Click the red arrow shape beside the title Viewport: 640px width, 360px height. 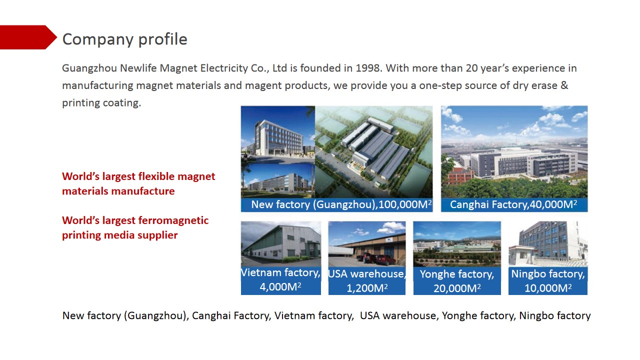27,37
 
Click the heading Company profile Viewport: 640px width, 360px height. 124,39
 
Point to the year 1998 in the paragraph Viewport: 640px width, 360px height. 367,68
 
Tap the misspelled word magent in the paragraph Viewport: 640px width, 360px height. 263,85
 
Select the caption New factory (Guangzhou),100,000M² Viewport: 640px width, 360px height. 341,204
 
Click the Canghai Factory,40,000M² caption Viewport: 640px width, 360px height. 513,204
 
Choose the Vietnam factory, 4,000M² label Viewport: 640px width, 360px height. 280,279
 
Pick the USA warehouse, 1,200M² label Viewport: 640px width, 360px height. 367,280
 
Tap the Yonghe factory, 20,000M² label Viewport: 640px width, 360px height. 457,281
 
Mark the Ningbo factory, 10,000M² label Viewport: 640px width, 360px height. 548,280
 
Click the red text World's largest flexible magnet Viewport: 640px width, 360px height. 138,176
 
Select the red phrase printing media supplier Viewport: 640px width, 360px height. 119,235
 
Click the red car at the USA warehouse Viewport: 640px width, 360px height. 385,259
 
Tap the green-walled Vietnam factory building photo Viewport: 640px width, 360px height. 281,244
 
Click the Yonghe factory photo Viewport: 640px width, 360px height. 457,244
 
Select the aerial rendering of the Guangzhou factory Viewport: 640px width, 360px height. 373,152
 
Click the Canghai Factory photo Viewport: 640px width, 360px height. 514,152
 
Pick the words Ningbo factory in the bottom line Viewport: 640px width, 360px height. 554,315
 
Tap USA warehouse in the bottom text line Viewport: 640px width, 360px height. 397,315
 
